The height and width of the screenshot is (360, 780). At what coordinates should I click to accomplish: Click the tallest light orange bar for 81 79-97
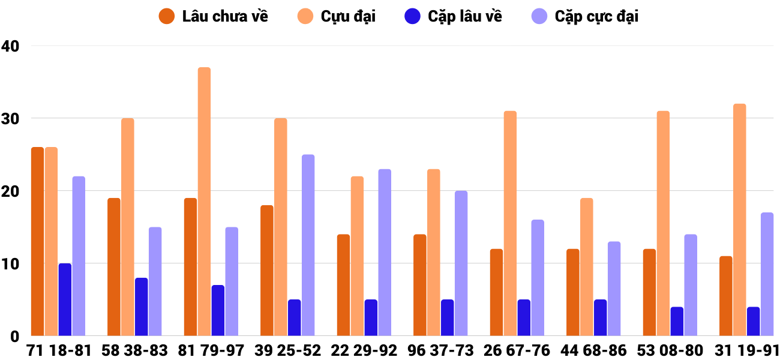click(x=204, y=201)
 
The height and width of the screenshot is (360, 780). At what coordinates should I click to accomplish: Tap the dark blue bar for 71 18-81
click(x=65, y=299)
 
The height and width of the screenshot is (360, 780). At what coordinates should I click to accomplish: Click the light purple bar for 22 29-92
click(x=385, y=252)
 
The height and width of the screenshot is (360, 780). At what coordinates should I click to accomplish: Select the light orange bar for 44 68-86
click(x=586, y=266)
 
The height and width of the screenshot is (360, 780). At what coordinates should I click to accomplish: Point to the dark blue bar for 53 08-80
click(x=677, y=321)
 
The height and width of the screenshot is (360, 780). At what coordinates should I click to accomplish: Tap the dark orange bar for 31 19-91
click(x=725, y=296)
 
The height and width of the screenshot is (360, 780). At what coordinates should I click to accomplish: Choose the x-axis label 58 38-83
click(x=135, y=350)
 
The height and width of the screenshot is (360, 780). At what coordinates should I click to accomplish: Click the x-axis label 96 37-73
click(x=440, y=350)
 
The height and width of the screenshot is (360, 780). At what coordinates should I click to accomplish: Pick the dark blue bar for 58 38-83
click(x=141, y=307)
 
